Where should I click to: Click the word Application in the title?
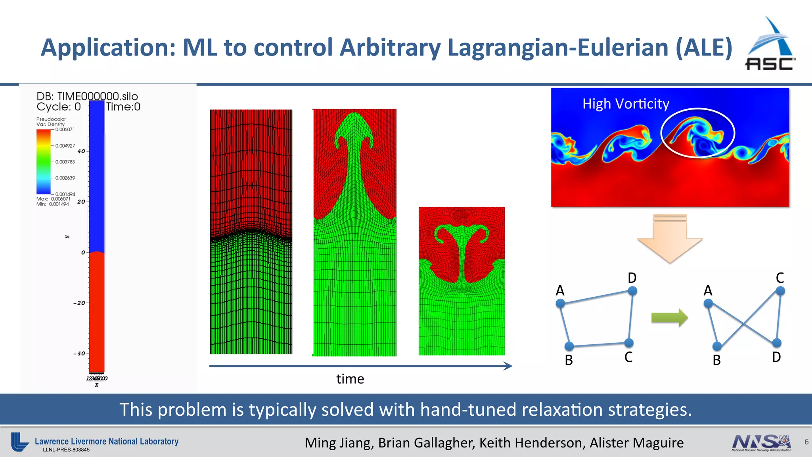coord(108,48)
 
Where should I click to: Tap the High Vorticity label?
coord(626,104)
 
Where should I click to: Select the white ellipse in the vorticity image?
coord(697,109)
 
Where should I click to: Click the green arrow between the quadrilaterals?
coord(670,317)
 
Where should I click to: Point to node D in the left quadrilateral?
coord(632,291)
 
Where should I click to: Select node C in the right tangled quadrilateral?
coord(780,291)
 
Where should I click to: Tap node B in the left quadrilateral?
coord(569,346)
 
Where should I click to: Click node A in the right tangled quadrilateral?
coord(708,304)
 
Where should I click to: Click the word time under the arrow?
coord(350,379)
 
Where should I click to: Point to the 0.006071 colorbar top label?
coord(65,130)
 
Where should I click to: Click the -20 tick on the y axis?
coord(79,303)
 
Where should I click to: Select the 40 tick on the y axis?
coord(81,152)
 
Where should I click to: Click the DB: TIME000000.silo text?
coord(87,96)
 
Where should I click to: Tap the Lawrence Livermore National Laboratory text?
coord(106,442)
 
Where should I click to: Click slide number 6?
coord(806,442)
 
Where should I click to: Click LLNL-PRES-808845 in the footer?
coord(66,450)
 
